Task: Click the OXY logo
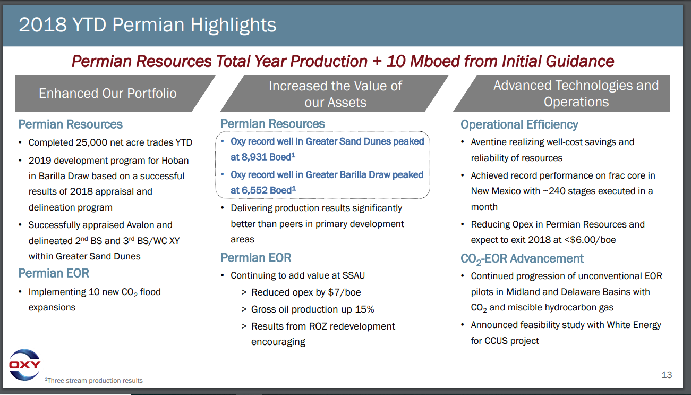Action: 24,365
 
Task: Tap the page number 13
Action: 667,375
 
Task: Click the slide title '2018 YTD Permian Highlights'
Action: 148,25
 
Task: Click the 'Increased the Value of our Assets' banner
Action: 335,94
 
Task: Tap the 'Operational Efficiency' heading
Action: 519,124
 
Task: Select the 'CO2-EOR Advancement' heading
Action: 522,259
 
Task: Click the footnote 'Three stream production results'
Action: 94,380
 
